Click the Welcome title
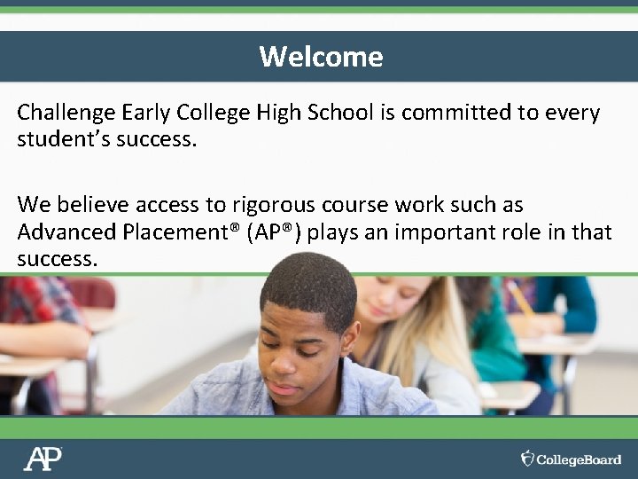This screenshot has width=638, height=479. tap(321, 57)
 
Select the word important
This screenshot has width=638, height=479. tap(452, 232)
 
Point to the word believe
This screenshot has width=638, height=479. tap(93, 205)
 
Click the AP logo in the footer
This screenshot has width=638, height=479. tap(43, 458)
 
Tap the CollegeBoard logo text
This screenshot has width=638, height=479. tap(580, 459)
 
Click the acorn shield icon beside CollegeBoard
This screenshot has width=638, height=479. tap(528, 458)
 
